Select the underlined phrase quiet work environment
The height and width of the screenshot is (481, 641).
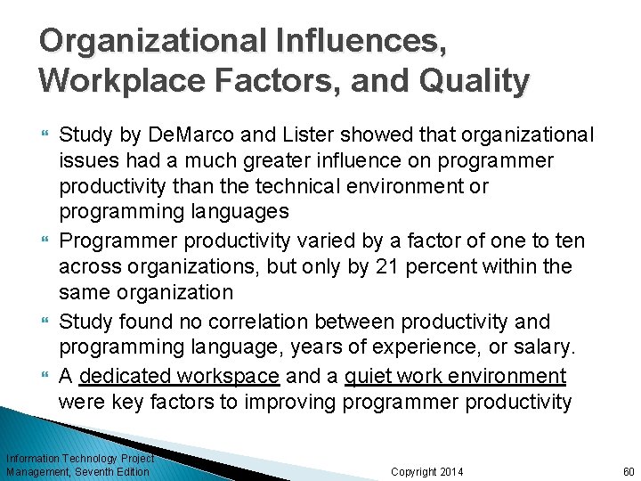[x=455, y=376]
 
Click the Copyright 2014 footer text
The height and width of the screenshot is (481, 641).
[x=427, y=471]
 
